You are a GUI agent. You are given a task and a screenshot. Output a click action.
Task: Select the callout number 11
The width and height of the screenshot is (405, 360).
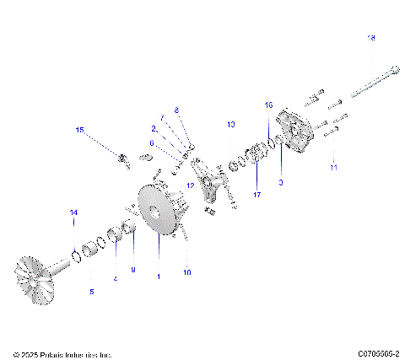[x=333, y=169]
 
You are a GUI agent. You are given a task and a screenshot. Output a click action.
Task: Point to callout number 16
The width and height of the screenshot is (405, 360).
[x=269, y=105]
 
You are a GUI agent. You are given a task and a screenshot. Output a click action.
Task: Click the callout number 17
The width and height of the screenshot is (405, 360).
[x=257, y=195]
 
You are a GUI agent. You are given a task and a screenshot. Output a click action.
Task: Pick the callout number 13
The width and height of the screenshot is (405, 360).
[x=230, y=124]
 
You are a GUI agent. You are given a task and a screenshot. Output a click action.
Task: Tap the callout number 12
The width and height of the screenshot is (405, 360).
[x=191, y=185]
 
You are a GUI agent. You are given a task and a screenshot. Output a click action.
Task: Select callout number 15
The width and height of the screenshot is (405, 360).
[x=81, y=130]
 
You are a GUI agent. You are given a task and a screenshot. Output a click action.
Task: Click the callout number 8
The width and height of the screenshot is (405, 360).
[x=177, y=110]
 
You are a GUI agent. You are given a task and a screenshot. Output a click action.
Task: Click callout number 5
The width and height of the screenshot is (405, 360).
[x=92, y=292]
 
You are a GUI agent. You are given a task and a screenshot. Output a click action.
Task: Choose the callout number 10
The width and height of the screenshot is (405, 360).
[x=187, y=272]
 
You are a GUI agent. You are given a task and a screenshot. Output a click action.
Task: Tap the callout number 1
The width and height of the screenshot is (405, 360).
[x=159, y=277]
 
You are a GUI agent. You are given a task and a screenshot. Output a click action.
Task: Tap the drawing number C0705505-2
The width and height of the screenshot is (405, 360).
[x=378, y=354]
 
